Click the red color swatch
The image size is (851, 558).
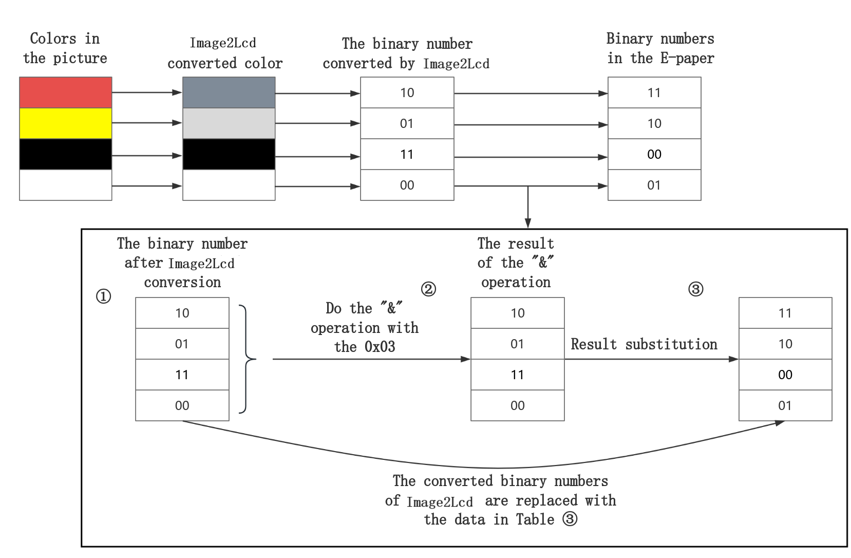[66, 92]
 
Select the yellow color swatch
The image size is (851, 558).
[66, 123]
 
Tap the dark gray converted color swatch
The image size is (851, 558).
[229, 92]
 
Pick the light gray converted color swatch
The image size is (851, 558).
[229, 123]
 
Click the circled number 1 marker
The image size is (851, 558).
[104, 296]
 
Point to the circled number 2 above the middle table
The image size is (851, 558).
[428, 289]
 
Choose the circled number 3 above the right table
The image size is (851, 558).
[695, 289]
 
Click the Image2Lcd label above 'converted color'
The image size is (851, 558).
[225, 42]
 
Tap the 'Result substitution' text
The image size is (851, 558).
[644, 344]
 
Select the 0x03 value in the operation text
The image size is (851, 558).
[380, 347]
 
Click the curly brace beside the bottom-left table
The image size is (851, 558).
[248, 359]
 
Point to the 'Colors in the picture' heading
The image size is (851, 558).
[65, 48]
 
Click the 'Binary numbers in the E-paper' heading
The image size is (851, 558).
[660, 48]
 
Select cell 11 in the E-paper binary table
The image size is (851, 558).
[654, 92]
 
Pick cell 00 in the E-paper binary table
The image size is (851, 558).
[654, 154]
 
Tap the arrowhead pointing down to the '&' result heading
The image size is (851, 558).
[527, 223]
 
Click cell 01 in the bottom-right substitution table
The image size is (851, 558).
[785, 405]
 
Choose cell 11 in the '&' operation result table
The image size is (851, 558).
[518, 375]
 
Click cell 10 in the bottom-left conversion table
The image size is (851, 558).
[182, 313]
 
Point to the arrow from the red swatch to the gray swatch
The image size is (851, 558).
[147, 92]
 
